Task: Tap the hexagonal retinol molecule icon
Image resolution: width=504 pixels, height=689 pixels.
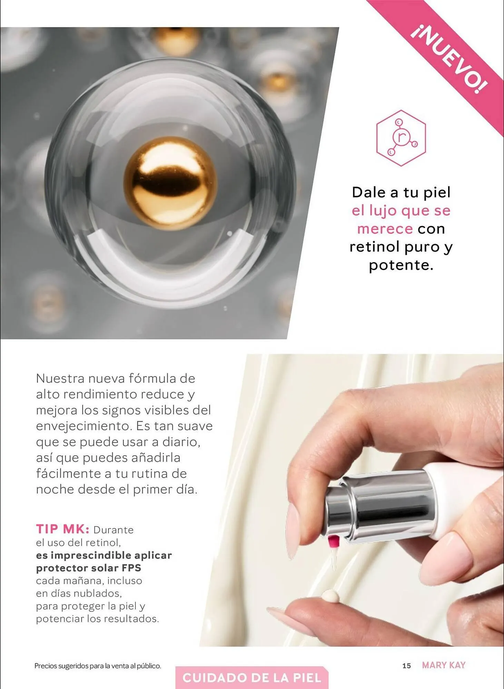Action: pos(401,138)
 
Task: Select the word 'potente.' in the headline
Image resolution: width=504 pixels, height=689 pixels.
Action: pos(401,265)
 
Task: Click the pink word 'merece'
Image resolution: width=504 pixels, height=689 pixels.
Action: pos(385,229)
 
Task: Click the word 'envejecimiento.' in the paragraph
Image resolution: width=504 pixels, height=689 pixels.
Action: pos(84,426)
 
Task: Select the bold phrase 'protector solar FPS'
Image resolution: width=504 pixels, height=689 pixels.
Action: pos(89,568)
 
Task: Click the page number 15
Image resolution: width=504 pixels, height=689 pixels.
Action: pos(407,666)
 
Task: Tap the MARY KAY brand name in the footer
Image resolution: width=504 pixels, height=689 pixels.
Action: pos(444,665)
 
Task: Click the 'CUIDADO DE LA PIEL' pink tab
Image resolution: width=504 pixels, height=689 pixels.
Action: pos(252,678)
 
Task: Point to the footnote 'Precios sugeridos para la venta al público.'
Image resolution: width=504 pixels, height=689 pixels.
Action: pos(98,666)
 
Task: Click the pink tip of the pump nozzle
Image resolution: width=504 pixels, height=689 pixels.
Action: pos(333,542)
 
